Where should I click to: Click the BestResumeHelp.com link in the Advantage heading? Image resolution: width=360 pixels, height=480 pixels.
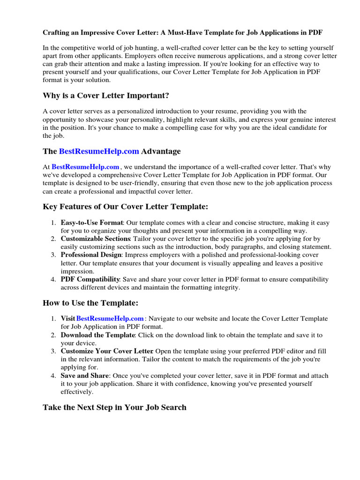click(x=99, y=151)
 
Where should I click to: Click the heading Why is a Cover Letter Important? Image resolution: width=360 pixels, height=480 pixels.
click(x=106, y=96)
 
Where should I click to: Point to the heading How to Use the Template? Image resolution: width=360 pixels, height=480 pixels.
click(x=90, y=303)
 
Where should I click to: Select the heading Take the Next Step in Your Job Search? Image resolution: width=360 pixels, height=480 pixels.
click(x=114, y=407)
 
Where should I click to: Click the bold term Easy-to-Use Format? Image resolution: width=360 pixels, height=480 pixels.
click(x=92, y=223)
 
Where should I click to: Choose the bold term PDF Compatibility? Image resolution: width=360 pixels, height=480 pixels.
click(x=90, y=279)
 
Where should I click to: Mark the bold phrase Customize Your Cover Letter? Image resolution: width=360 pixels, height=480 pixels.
click(x=107, y=351)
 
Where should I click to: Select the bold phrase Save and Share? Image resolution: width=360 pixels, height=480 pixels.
click(x=85, y=375)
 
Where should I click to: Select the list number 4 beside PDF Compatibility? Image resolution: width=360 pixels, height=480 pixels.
click(x=54, y=279)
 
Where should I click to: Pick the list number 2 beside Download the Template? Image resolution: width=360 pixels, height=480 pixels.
click(x=54, y=335)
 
